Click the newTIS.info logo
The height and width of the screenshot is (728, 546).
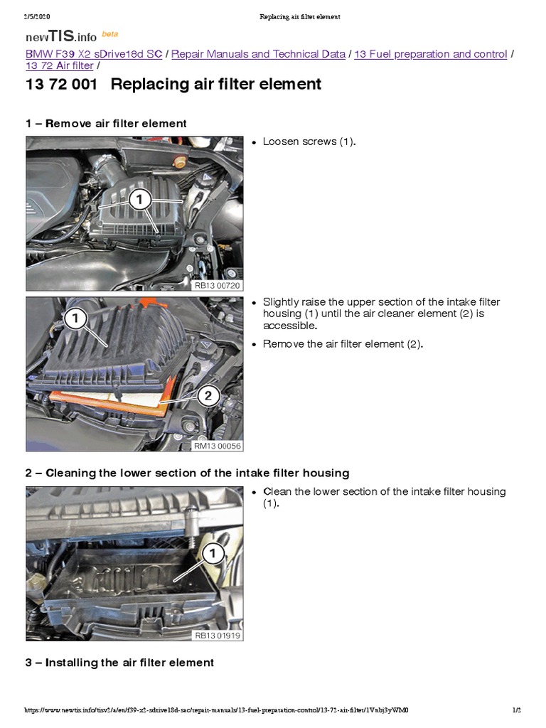pos(61,37)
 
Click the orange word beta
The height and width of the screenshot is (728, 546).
pos(110,33)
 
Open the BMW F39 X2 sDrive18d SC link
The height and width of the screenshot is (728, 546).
pos(94,54)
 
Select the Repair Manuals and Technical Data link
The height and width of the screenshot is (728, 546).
pos(259,54)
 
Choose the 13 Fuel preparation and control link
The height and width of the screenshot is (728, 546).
pos(430,54)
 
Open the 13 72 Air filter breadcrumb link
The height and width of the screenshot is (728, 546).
pos(59,66)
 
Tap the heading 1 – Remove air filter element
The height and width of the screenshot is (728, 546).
pos(106,124)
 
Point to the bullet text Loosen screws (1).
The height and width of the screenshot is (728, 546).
pos(309,141)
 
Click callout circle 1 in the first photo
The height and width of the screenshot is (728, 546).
pos(140,200)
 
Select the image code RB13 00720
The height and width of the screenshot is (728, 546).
pos(218,285)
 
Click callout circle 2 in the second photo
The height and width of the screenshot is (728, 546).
pos(208,396)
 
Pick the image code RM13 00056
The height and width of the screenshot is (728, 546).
pos(218,446)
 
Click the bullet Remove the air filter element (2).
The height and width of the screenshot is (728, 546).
pos(343,344)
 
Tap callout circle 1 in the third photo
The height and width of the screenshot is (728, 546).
pos(213,552)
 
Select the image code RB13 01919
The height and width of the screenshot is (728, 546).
pos(218,635)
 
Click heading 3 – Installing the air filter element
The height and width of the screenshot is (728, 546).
pos(119,663)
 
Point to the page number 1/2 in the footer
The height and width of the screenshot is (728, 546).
pos(517,710)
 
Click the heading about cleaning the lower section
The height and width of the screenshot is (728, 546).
pos(187,473)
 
